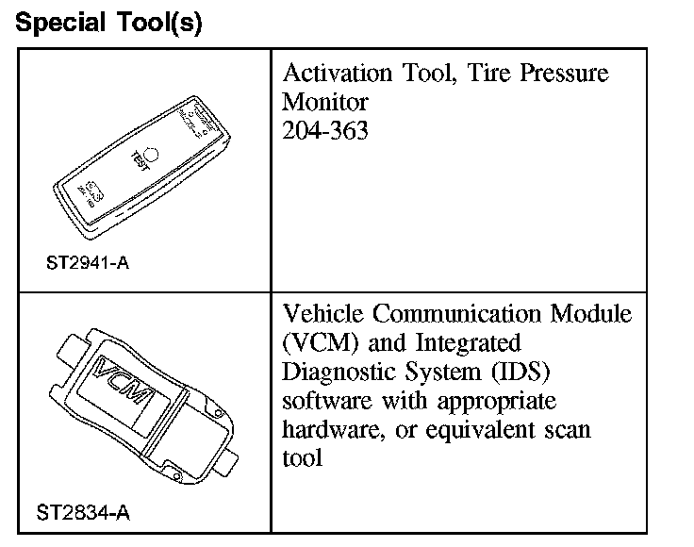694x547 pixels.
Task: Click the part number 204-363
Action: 325,130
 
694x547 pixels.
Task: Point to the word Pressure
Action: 556,74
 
